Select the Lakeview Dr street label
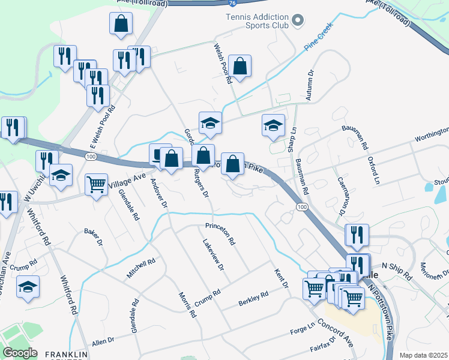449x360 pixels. tap(213, 254)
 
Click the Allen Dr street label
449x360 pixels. tap(103, 342)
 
